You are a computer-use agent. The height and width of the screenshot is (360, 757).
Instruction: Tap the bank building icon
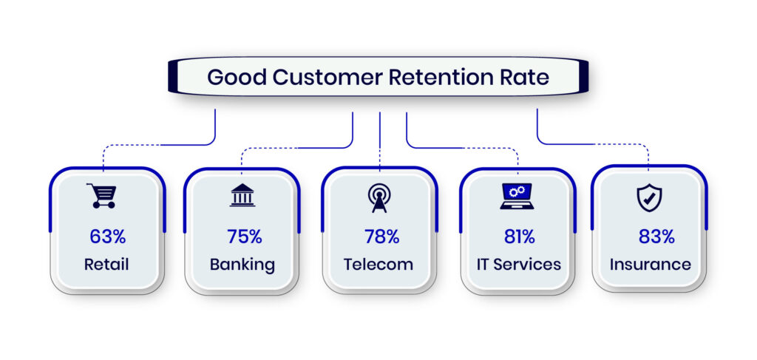click(x=242, y=195)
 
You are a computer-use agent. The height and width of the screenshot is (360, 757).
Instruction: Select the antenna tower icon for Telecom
click(x=378, y=197)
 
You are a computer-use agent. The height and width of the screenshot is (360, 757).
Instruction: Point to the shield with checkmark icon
click(x=649, y=197)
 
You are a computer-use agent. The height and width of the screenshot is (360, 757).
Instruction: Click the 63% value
click(x=108, y=237)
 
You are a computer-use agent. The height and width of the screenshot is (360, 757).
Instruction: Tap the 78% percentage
click(x=381, y=237)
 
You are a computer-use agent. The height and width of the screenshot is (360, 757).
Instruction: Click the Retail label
click(x=108, y=264)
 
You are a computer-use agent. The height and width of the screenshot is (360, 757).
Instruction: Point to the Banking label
click(x=242, y=264)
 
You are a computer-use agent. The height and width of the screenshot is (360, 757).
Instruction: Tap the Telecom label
click(x=378, y=264)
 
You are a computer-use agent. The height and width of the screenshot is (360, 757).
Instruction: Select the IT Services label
click(x=517, y=264)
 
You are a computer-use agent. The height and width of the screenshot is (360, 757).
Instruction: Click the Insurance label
click(x=651, y=264)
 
